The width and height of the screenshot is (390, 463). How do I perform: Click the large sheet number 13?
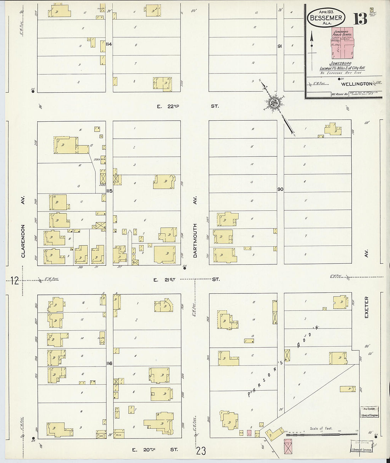pos(360,19)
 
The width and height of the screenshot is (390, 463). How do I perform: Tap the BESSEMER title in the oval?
pos(325,17)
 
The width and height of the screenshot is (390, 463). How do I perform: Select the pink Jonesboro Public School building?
pos(342,43)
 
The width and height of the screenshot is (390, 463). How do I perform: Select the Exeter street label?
pos(366,307)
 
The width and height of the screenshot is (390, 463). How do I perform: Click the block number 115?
pos(109,191)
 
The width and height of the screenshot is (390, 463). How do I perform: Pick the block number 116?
pos(109,363)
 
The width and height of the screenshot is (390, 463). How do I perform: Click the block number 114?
pos(109,44)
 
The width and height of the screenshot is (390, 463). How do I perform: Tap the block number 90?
pos(280,189)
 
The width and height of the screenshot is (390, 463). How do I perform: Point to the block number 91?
pos(280,46)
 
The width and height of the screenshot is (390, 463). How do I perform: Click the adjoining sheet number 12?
pos(14,281)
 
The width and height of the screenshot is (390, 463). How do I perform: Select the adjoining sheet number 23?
pos(201,451)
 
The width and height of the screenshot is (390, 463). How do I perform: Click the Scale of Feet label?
pos(321,429)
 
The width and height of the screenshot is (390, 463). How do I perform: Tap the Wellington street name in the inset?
pos(356,84)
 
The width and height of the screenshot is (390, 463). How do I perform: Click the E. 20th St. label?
pos(155,450)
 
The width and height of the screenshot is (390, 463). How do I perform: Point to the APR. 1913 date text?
pos(325,12)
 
